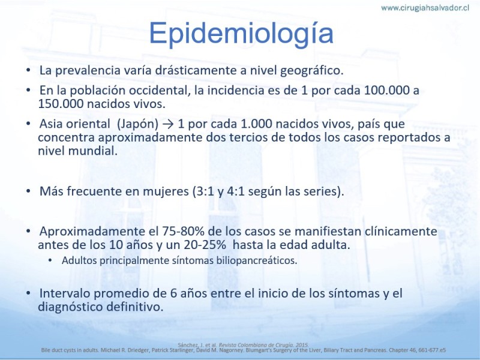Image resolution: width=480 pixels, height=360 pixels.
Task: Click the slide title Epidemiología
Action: pos(241,34)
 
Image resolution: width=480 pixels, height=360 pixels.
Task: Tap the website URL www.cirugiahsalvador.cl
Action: pos(425,8)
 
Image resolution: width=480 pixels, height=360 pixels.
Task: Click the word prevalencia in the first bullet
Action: pos(88,70)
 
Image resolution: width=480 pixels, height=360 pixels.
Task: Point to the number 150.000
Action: pos(61,103)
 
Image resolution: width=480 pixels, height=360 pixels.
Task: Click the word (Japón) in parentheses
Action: pos(137,124)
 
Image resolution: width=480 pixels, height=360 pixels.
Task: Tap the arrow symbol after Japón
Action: pos(168,124)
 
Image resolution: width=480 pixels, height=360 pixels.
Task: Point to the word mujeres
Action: pos(166,191)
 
